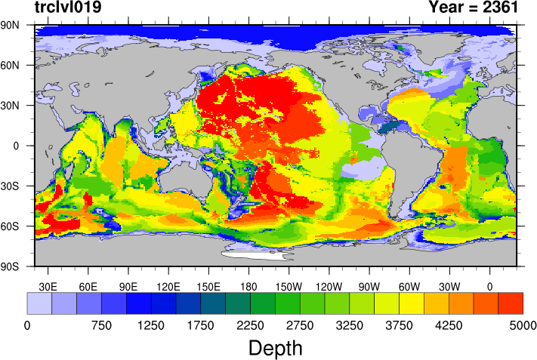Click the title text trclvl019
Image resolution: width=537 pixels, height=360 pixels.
[x=68, y=7]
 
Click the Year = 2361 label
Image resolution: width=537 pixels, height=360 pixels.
[x=474, y=7]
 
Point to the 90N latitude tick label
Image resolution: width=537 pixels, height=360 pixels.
[x=10, y=25]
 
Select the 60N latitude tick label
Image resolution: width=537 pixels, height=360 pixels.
[x=10, y=65]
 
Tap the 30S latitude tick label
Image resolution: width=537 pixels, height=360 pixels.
[x=10, y=186]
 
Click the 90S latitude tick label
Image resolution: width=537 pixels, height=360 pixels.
[x=10, y=266]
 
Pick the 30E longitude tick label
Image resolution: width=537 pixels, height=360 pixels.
[x=48, y=287]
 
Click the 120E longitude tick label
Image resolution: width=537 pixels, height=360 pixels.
[x=168, y=287]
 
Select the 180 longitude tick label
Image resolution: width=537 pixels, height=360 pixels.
[x=248, y=287]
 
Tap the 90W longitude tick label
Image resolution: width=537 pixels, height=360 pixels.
[x=369, y=287]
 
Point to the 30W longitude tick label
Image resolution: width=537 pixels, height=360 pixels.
[x=449, y=287]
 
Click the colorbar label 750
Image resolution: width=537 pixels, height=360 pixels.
[x=101, y=325]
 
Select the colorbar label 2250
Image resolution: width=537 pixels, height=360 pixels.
[x=250, y=325]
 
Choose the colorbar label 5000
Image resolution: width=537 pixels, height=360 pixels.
[x=523, y=325]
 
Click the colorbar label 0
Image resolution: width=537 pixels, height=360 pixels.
[x=27, y=325]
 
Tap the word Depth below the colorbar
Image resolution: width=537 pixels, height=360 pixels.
[x=276, y=349]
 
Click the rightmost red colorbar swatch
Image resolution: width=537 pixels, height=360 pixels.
[x=511, y=303]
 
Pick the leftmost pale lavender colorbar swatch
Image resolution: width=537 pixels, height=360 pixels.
[x=39, y=303]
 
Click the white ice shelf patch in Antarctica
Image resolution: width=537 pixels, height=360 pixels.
[x=256, y=255]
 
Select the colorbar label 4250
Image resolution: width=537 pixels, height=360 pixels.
[x=449, y=325]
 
